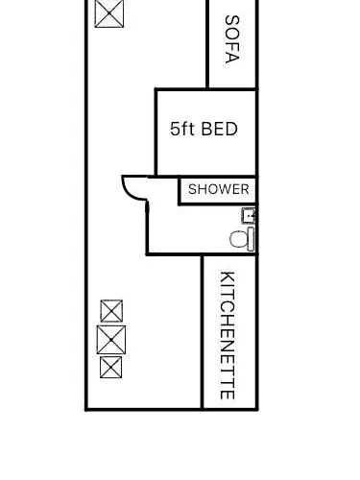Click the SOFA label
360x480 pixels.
pos(232,39)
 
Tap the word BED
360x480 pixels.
pos(220,129)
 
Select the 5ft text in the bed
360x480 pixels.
pos(182,129)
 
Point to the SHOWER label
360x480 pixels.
pos(219,189)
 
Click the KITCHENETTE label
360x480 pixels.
pos(228,335)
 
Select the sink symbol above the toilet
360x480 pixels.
pos(249,215)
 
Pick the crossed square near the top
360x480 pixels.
pos(109,13)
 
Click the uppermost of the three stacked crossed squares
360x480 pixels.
pos(111,311)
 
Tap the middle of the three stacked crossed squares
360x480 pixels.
pos(111,340)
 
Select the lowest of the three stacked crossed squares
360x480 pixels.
pos(110,367)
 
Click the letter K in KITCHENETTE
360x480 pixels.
pos(228,277)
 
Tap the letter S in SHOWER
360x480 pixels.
pos(193,189)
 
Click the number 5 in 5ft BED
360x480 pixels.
pos(175,130)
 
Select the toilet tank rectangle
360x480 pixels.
pos(252,239)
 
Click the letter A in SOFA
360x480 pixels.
pos(232,58)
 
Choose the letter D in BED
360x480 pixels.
pos(231,130)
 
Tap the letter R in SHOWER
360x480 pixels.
pos(245,189)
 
